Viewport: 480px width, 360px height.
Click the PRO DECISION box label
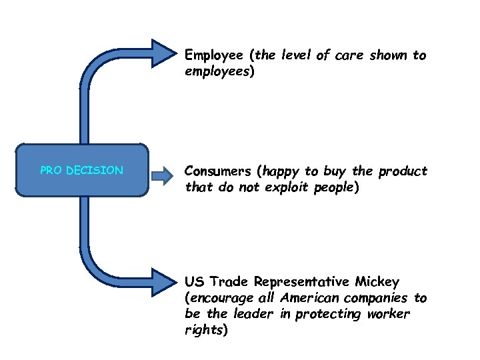click(x=81, y=171)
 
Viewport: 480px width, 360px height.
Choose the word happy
click(x=283, y=171)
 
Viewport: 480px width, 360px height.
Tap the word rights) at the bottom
click(x=206, y=329)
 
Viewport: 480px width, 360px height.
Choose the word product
click(x=403, y=171)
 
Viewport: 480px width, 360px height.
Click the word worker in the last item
click(x=388, y=313)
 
